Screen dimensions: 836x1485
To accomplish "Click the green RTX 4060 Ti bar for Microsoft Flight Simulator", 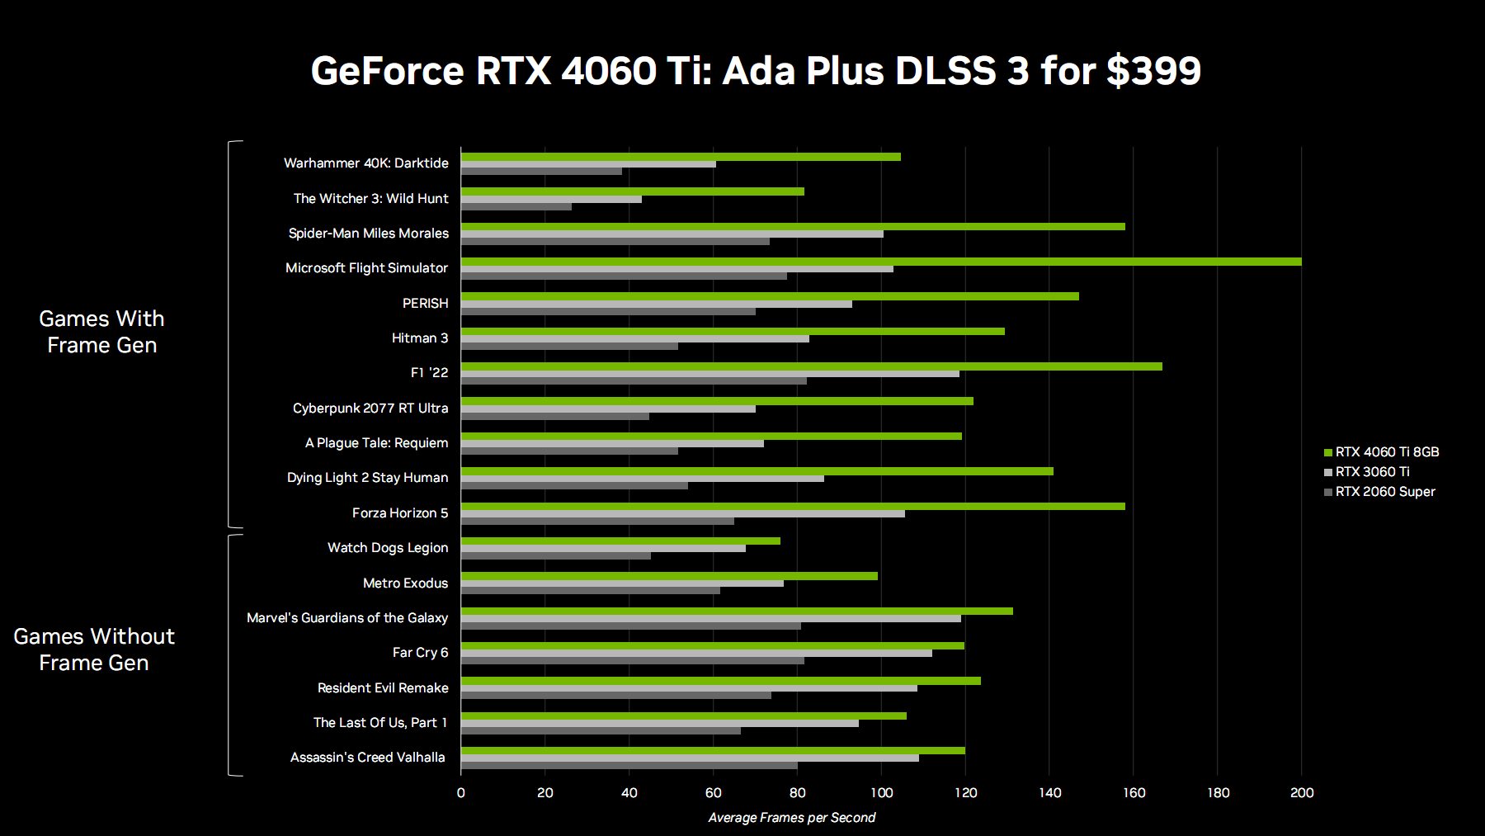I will pos(880,262).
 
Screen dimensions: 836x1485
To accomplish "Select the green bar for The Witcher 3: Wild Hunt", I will pos(632,191).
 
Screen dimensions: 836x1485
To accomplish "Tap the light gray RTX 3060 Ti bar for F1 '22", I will pos(709,374).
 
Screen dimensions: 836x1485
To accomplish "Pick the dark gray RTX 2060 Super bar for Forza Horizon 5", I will pos(597,521).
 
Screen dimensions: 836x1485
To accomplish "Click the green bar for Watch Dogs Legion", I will pos(620,541).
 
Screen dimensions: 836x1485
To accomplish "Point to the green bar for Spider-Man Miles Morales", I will pos(792,226).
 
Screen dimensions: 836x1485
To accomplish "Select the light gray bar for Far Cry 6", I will pos(696,653).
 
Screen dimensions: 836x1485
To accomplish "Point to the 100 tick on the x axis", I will pos(881,793).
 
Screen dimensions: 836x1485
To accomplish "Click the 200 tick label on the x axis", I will pos(1302,793).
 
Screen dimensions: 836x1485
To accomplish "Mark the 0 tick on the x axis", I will pos(461,793).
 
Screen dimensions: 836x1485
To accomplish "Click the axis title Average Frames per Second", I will pos(792,818).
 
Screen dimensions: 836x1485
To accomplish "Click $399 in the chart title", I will pos(1153,71).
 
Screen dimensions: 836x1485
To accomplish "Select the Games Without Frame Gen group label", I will pos(94,649).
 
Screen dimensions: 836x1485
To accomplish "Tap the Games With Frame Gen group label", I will pos(101,332).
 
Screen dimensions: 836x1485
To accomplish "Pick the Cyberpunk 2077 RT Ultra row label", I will pos(370,409).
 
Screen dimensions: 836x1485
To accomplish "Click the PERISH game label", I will pos(425,304).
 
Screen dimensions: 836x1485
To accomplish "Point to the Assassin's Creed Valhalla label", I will pos(367,758).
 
